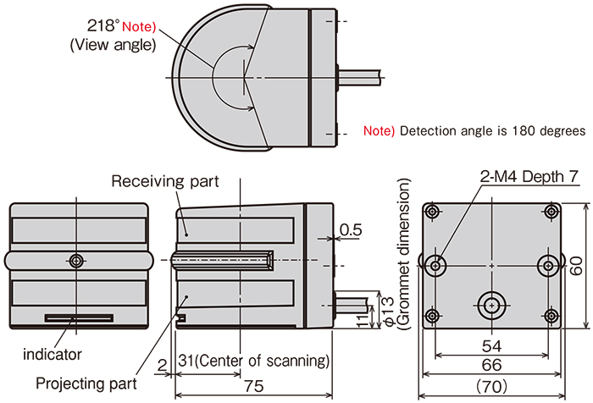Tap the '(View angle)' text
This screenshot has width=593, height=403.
click(x=113, y=46)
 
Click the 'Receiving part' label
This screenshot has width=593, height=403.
click(x=164, y=181)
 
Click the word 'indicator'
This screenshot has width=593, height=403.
click(x=52, y=354)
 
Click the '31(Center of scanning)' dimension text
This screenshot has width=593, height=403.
click(x=253, y=362)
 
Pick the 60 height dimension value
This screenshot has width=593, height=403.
click(x=576, y=267)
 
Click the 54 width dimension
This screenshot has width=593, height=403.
click(x=491, y=345)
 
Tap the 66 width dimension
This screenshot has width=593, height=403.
click(x=491, y=365)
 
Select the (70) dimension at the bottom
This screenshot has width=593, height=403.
click(x=491, y=385)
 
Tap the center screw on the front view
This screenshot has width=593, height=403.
click(x=77, y=261)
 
